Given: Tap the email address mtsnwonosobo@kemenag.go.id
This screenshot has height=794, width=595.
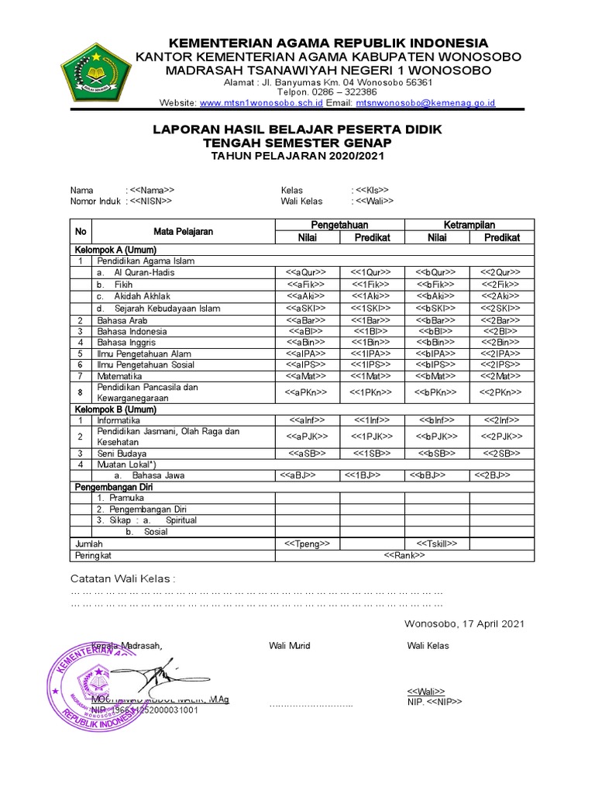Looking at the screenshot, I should pyautogui.click(x=425, y=102).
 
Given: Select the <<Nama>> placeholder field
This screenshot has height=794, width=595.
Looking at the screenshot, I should pyautogui.click(x=153, y=190).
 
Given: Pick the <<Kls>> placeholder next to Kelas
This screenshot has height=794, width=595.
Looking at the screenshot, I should pyautogui.click(x=373, y=190).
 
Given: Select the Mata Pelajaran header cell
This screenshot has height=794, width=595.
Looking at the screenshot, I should pyautogui.click(x=183, y=231).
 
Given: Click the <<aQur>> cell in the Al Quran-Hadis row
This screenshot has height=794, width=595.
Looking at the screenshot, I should pyautogui.click(x=308, y=272).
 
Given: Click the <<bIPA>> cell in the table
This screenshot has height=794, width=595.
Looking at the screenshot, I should pyautogui.click(x=437, y=354).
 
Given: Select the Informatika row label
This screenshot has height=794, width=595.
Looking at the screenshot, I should pyautogui.click(x=119, y=419).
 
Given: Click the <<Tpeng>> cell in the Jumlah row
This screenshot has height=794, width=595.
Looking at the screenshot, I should pyautogui.click(x=308, y=544).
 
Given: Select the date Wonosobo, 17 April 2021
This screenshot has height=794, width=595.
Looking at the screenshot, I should pyautogui.click(x=464, y=623).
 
